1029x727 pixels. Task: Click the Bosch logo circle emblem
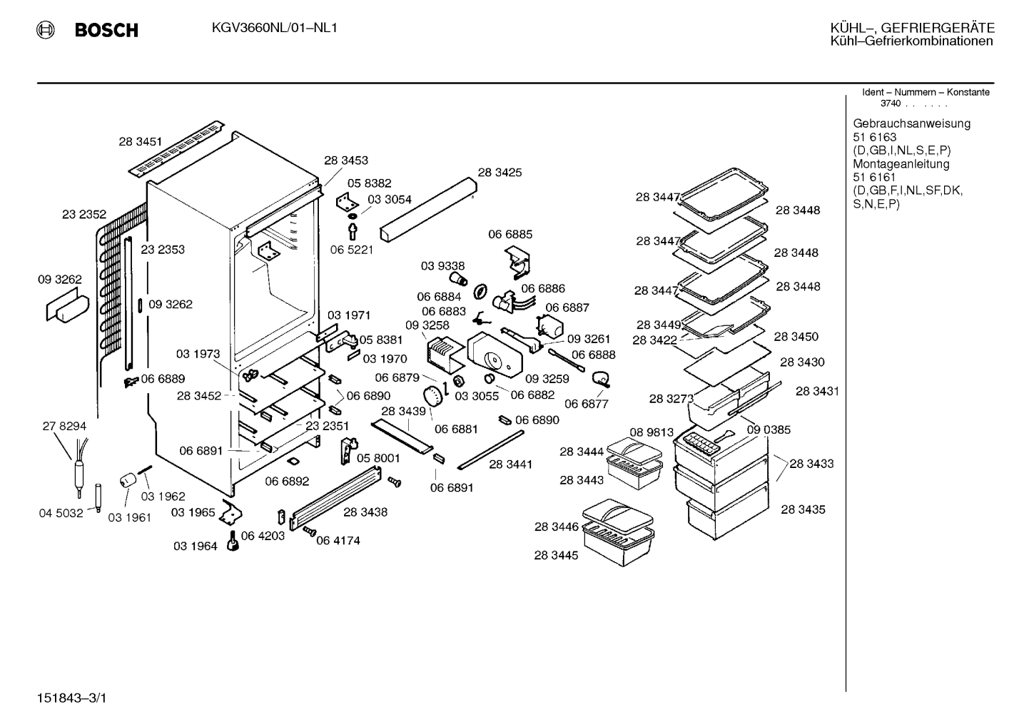coord(45,30)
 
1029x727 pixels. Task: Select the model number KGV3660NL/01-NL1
coord(274,28)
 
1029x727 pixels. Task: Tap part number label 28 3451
coord(141,141)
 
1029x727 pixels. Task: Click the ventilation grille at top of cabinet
coord(176,148)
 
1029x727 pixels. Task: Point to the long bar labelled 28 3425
coord(428,209)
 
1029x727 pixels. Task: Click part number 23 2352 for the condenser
coord(84,214)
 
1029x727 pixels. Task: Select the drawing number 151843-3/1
coord(71,698)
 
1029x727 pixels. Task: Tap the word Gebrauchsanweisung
coord(911,124)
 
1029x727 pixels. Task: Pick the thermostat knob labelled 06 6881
coord(432,396)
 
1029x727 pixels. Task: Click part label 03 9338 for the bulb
coord(443,266)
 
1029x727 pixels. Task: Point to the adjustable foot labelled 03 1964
coord(233,542)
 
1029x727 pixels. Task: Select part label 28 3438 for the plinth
coord(365,512)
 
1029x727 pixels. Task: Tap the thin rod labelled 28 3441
coord(491,450)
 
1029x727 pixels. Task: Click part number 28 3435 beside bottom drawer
coord(803,509)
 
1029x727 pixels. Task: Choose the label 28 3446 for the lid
coord(557,527)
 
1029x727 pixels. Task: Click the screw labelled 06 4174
coord(310,532)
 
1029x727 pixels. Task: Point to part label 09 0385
coord(769,430)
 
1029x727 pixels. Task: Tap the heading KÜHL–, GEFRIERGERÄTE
coord(912,28)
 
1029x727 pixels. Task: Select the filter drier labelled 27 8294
coord(79,469)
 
